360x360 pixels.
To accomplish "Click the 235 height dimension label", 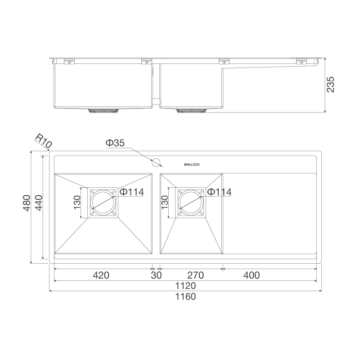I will coord(331,85).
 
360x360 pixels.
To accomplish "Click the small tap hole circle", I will coord(156,162).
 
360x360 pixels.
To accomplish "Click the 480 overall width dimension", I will coord(27,203).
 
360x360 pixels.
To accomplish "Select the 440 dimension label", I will coord(38,203).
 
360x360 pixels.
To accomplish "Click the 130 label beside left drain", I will coord(77,202).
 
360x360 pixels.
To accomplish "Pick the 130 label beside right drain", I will coord(164,202).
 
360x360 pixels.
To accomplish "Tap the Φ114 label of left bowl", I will coord(131,192).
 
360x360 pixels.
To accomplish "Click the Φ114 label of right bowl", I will coord(219,192).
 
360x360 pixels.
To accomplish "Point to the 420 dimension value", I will coord(101,275).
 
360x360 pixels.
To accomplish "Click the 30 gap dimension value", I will coord(156,275).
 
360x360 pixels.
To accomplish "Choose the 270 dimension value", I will coord(196,275).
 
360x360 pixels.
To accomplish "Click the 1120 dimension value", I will coord(185,286).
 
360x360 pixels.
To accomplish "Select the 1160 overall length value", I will coord(185,297).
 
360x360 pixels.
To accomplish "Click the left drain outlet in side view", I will coord(103,110).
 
